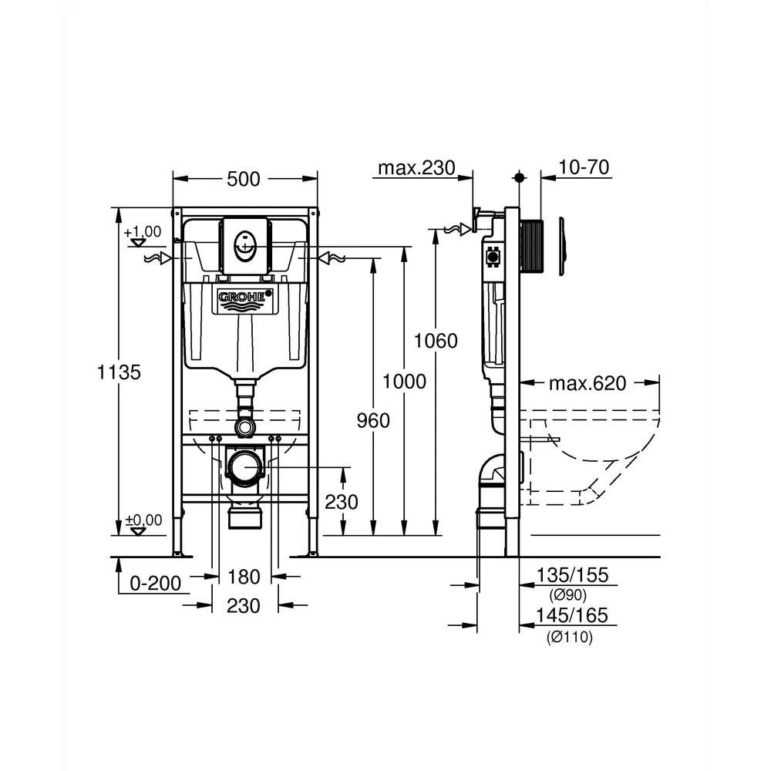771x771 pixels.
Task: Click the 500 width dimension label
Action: click(244, 179)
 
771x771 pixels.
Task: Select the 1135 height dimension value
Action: click(120, 372)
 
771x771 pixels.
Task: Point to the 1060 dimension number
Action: click(436, 341)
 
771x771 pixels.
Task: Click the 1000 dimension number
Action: click(404, 381)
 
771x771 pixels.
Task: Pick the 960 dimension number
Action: click(373, 420)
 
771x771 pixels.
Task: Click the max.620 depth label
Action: click(588, 383)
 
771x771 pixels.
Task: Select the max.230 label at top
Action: click(417, 168)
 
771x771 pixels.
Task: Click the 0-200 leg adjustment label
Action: click(156, 584)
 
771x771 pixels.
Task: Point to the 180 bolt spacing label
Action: click(244, 577)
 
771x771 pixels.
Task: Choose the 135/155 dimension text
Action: click(572, 574)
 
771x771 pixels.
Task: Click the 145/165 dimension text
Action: click(572, 615)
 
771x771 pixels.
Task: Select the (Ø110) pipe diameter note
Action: click(571, 637)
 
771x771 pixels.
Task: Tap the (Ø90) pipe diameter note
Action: click(568, 595)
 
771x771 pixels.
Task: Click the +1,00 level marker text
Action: click(142, 231)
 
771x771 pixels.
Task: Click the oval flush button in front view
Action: click(244, 247)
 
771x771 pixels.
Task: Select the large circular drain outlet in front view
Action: click(244, 467)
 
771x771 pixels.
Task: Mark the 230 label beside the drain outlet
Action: click(341, 502)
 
